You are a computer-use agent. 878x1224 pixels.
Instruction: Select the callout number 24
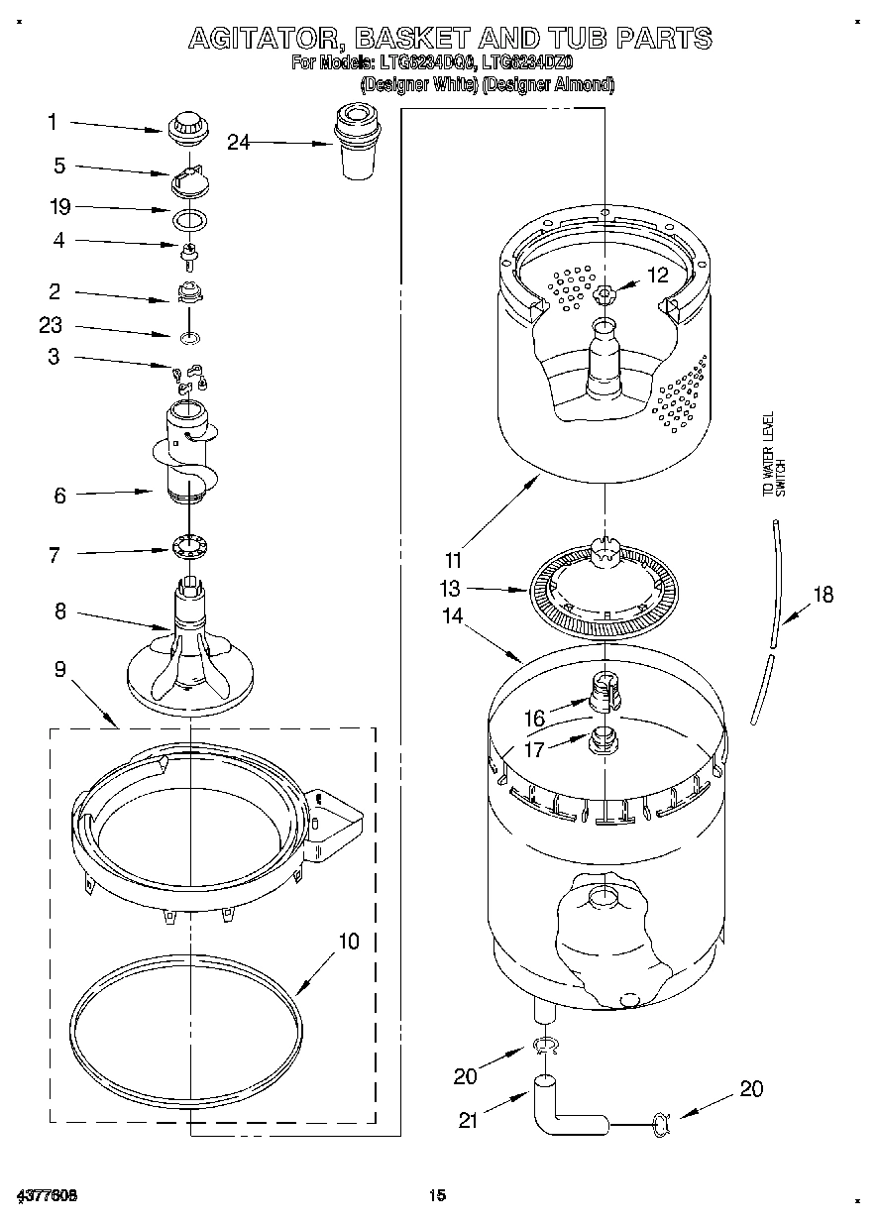point(238,142)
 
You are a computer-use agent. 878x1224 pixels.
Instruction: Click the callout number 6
point(59,495)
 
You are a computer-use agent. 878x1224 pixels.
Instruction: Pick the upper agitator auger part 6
point(185,451)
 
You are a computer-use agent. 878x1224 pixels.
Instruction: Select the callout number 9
point(59,670)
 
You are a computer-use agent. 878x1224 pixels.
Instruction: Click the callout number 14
point(452,615)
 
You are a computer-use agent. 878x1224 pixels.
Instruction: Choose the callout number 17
point(534,749)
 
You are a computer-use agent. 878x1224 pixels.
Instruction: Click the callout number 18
point(823,595)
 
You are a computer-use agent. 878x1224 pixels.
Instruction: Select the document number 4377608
point(47,1196)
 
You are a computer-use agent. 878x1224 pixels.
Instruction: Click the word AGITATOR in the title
point(264,39)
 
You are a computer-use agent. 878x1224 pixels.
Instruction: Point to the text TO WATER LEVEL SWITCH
point(773,455)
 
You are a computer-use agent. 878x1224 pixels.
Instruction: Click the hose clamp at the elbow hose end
point(660,1123)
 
